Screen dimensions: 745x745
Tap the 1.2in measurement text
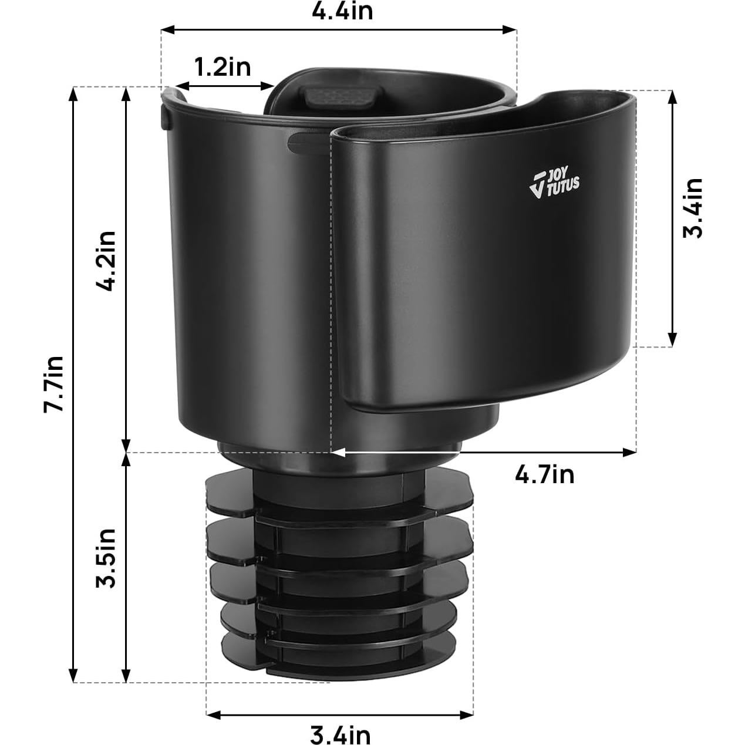[223, 67]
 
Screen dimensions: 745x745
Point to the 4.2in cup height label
[107, 260]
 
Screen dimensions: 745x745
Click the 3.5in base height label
[107, 557]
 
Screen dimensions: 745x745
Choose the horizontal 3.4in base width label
[340, 734]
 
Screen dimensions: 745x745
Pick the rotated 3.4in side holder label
[693, 208]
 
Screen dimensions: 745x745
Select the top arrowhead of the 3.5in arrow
[126, 459]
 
